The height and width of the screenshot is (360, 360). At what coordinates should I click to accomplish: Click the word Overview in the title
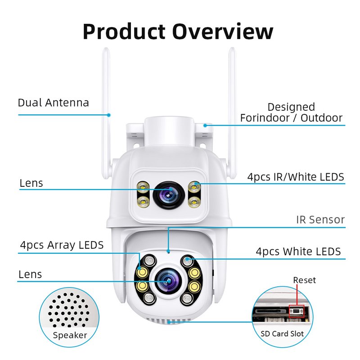tap(223, 31)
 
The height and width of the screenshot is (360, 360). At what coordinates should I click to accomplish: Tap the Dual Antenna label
tap(53, 103)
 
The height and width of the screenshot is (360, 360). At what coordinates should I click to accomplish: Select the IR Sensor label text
tap(320, 220)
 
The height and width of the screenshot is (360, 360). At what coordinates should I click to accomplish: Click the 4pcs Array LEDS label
tap(62, 245)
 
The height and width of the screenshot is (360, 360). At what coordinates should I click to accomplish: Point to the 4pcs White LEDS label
tap(298, 252)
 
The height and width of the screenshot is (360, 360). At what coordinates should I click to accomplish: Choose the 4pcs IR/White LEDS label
tap(296, 177)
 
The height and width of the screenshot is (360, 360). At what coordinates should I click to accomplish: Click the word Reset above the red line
tap(305, 280)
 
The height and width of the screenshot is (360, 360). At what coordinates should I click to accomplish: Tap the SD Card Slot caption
tap(282, 333)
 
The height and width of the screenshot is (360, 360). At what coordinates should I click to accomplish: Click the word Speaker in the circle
tap(70, 335)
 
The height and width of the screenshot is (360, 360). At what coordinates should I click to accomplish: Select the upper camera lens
tap(169, 195)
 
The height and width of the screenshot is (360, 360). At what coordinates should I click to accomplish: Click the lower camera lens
tap(168, 281)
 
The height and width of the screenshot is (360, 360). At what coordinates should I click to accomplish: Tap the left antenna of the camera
tap(106, 112)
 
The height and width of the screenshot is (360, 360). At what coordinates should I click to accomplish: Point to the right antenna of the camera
tap(232, 112)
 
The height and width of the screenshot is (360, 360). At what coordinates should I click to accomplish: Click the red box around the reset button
tap(297, 311)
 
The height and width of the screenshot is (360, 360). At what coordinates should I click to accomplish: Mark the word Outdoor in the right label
tap(321, 118)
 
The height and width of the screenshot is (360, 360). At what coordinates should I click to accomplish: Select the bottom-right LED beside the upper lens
tap(194, 202)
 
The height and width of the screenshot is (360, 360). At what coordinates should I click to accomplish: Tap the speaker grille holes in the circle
tap(69, 310)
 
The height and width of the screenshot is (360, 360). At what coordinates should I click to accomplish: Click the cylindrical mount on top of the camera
tap(169, 131)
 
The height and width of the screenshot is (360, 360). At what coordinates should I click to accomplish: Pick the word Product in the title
tap(124, 31)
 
